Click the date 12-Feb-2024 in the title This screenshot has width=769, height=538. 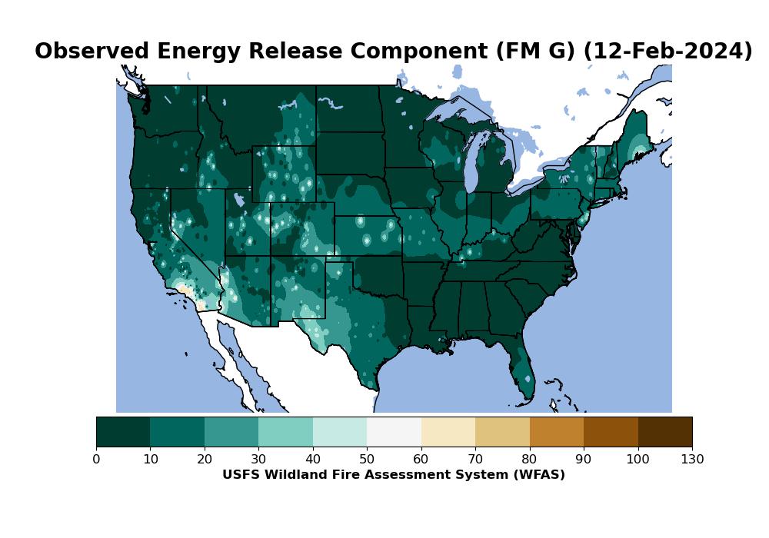tap(667, 51)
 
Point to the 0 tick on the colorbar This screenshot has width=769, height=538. tap(96, 460)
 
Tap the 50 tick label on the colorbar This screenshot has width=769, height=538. tap(367, 460)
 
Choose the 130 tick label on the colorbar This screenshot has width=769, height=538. tap(692, 460)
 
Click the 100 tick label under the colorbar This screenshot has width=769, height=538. tap(638, 460)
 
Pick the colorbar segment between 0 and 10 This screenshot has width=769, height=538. tap(123, 431)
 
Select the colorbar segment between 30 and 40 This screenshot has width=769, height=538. tap(285, 431)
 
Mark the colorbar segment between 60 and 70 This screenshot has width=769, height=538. tap(448, 431)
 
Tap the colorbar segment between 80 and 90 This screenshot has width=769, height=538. tap(557, 431)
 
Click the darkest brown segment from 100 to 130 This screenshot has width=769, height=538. tap(665, 431)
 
